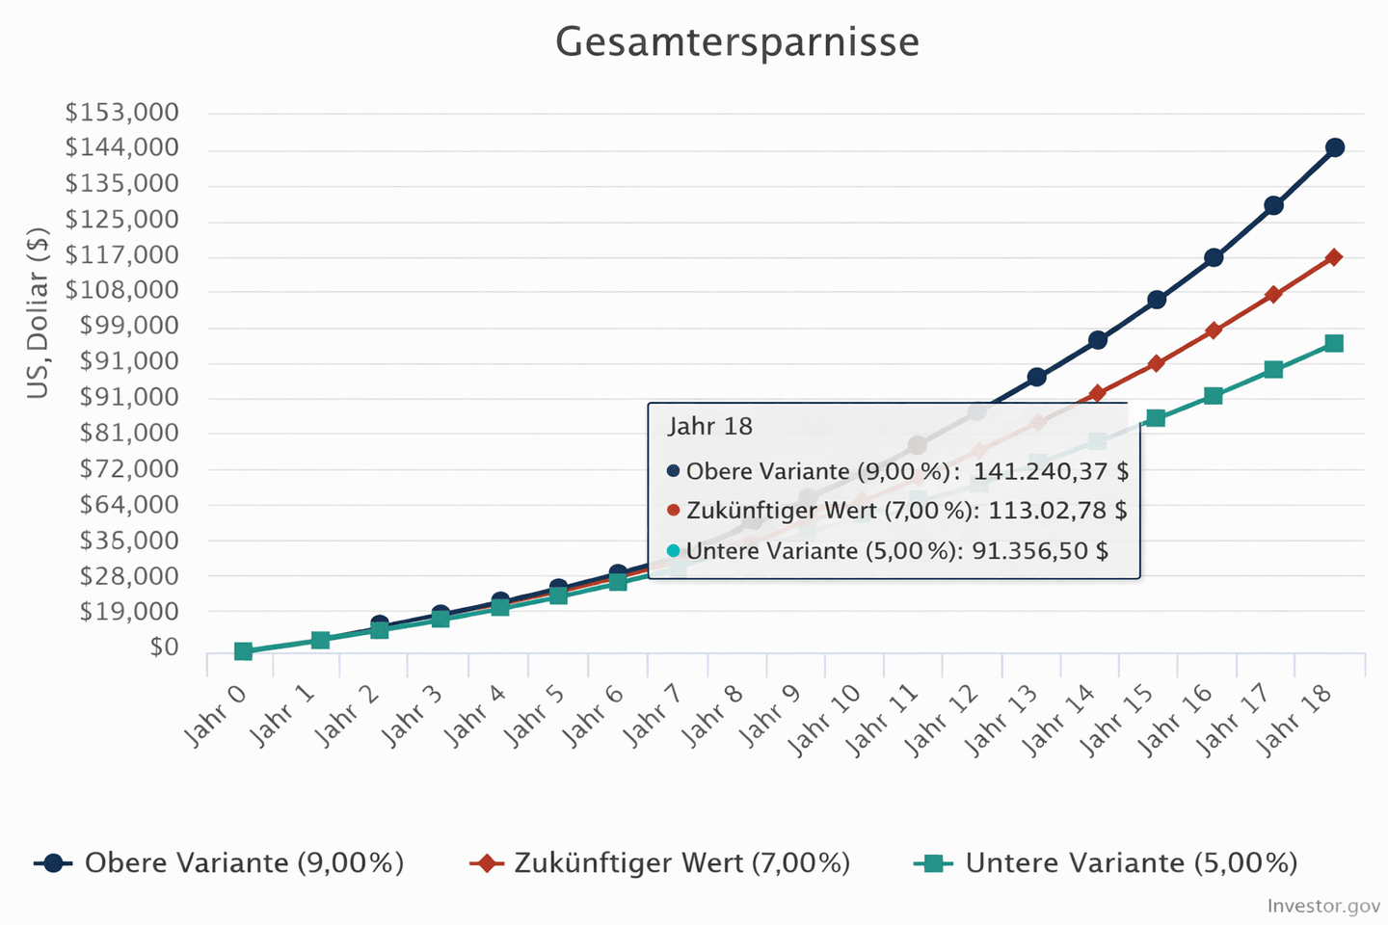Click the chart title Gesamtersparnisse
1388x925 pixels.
point(737,42)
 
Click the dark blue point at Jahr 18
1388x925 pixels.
point(1335,147)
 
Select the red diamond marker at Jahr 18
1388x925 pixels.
point(1334,257)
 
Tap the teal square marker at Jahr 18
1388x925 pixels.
point(1334,343)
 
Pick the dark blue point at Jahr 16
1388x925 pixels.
point(1214,257)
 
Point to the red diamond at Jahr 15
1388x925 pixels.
point(1156,363)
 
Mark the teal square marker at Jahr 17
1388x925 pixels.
point(1273,369)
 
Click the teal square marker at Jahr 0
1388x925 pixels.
point(243,651)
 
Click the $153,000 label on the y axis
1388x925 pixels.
point(122,113)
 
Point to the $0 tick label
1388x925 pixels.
point(164,647)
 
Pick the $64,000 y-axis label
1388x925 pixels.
point(129,504)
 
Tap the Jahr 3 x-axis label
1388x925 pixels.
point(413,716)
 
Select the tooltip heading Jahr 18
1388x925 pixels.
point(710,426)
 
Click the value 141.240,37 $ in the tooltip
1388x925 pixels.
point(1051,471)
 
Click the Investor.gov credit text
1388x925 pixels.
point(1323,906)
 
